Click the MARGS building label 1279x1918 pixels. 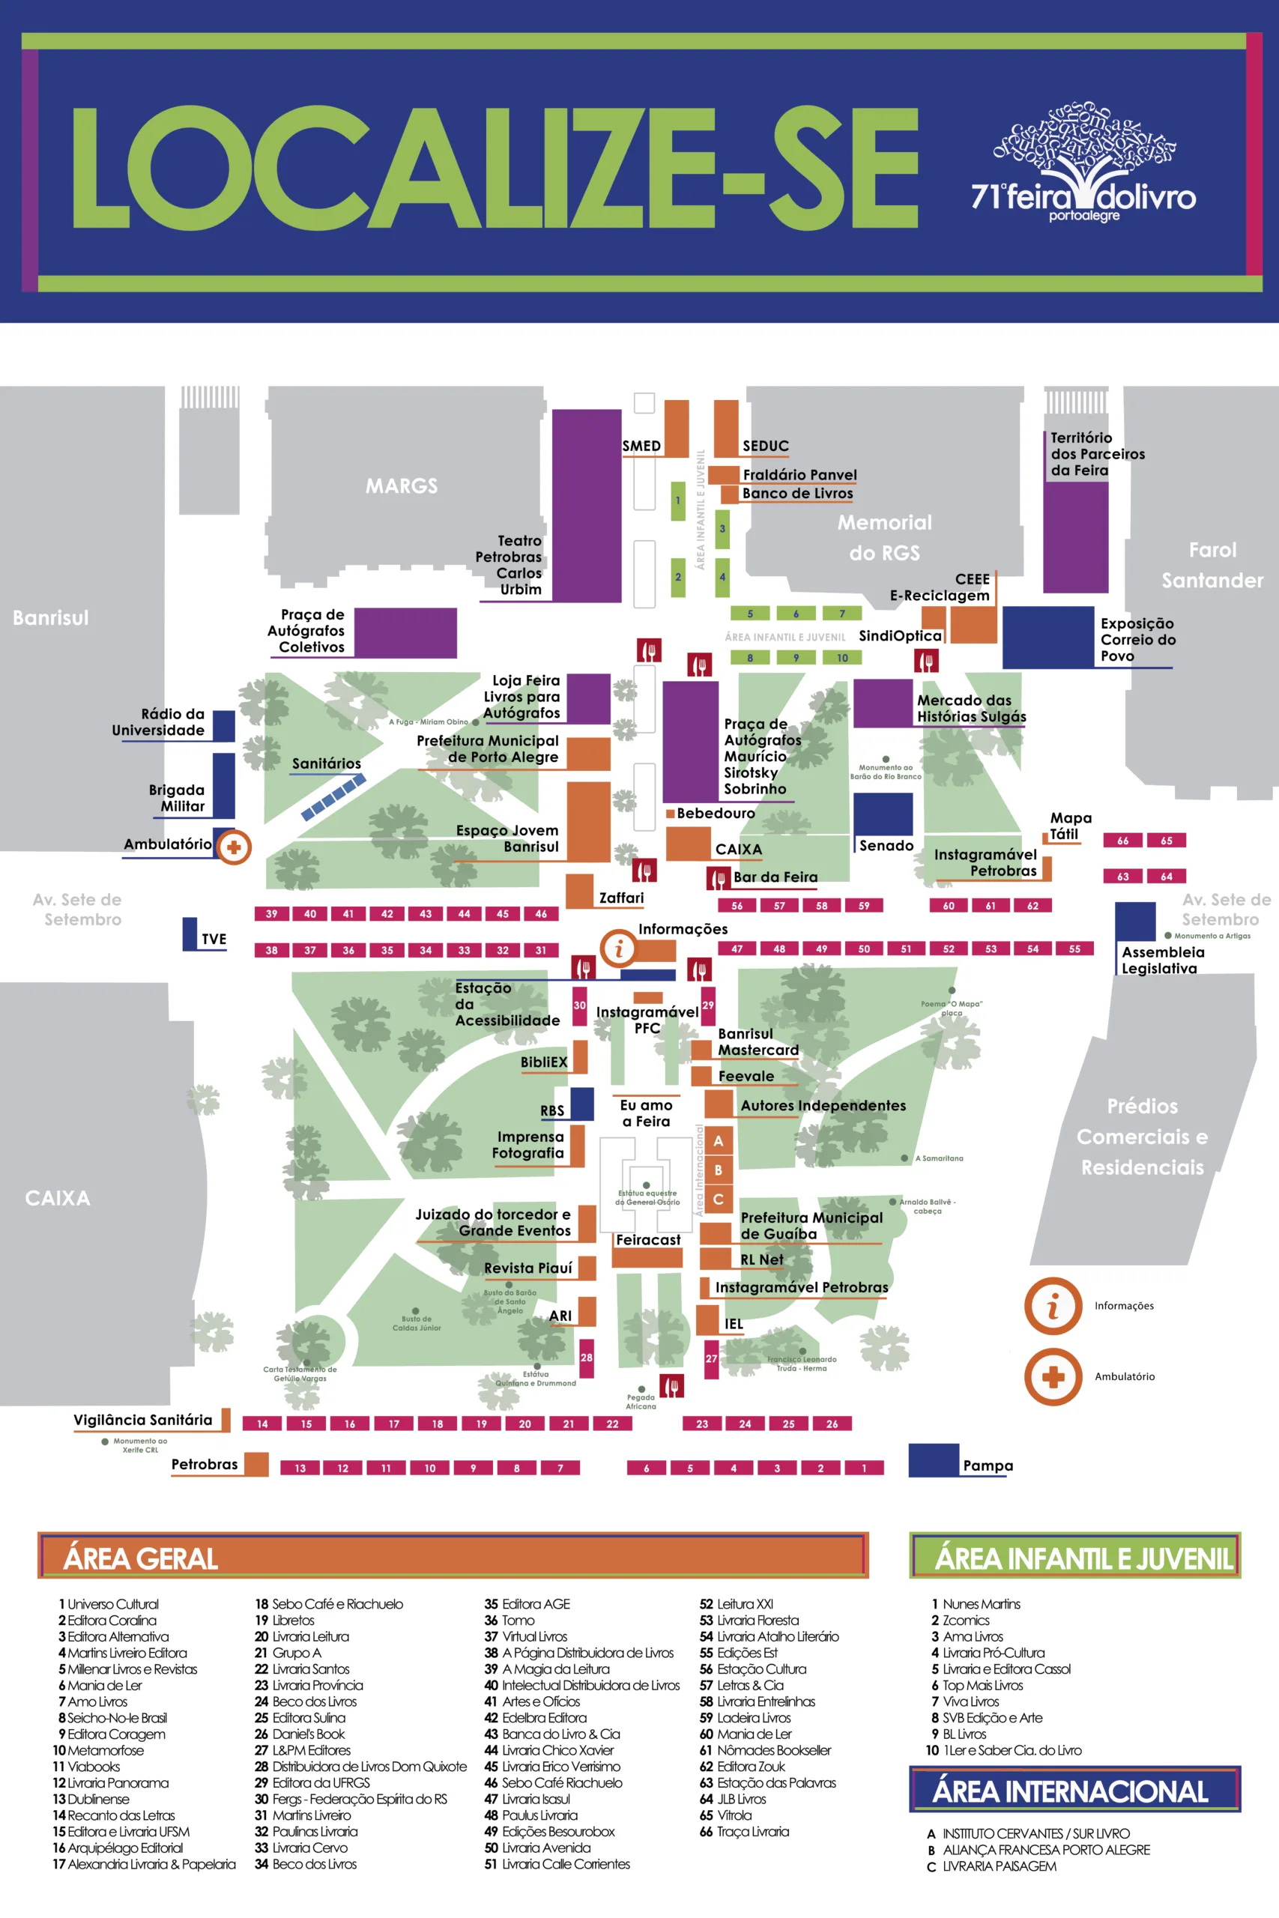[402, 486]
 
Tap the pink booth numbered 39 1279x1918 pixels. [272, 913]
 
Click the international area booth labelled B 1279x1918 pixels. [718, 1170]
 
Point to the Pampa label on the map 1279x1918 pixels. [988, 1465]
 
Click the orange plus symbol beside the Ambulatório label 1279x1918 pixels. [234, 847]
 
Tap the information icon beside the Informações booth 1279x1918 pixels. [618, 948]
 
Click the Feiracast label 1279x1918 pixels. [647, 1239]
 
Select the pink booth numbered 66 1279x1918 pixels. [1122, 840]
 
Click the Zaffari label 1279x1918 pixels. [622, 898]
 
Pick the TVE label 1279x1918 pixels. [214, 939]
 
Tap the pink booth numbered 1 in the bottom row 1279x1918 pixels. [864, 1468]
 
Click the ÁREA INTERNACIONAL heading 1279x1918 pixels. [1070, 1791]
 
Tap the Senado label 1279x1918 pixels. [886, 846]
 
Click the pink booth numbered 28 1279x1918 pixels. [587, 1358]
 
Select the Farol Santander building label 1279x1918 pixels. [1212, 565]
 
